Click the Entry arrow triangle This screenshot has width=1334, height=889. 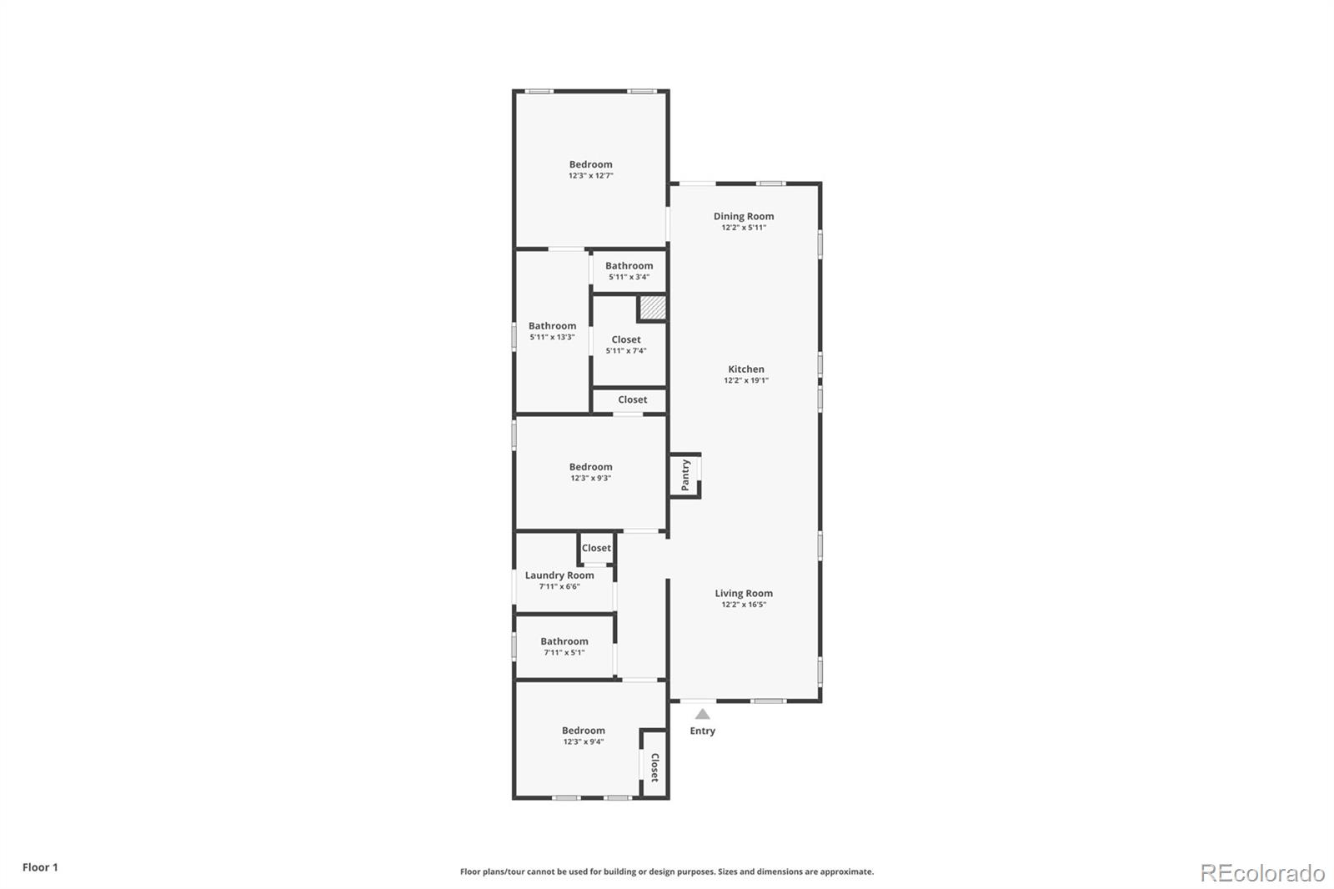[x=703, y=714]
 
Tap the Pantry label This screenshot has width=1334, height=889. [x=685, y=475]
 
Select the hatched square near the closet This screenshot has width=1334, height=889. [x=652, y=308]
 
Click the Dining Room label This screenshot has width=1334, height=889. [x=744, y=216]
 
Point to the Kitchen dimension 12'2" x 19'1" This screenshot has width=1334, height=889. [x=746, y=380]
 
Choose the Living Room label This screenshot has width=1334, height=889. [x=744, y=594]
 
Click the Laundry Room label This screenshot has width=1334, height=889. [x=559, y=575]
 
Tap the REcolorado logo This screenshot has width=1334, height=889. [x=1262, y=873]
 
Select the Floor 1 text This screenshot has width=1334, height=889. [x=41, y=867]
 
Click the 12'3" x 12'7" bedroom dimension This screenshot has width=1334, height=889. [x=591, y=176]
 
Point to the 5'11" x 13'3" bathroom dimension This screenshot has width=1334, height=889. [x=552, y=337]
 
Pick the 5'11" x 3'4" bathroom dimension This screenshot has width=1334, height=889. [x=629, y=277]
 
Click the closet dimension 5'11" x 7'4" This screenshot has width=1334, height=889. [x=626, y=351]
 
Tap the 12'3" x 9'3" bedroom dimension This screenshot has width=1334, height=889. [x=591, y=478]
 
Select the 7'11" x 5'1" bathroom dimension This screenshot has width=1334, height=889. [x=564, y=652]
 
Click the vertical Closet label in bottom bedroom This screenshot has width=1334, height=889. [x=654, y=767]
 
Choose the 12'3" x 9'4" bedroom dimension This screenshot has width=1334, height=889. [x=584, y=742]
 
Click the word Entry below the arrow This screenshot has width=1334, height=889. [x=703, y=731]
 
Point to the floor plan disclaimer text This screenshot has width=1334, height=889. [x=667, y=871]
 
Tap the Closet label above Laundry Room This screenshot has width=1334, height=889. [x=596, y=548]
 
